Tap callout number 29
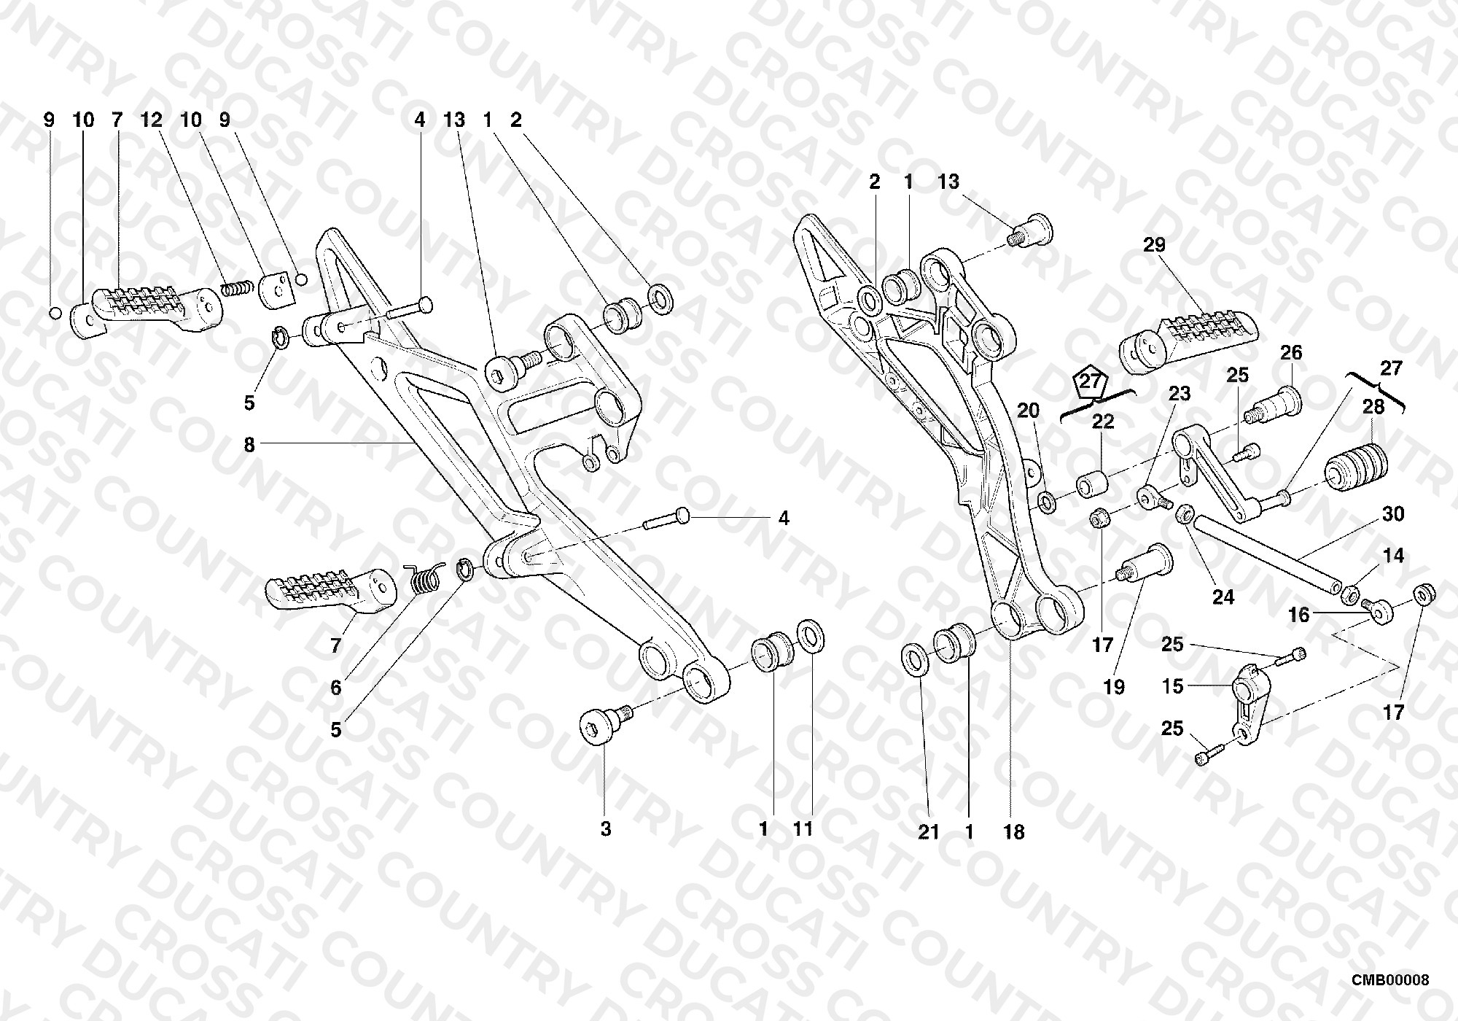(1154, 245)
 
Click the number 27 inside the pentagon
(1091, 381)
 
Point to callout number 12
(152, 120)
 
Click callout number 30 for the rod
(1393, 514)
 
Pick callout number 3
(606, 829)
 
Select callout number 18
(1014, 832)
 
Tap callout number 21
(928, 832)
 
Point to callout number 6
(336, 688)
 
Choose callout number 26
(1291, 353)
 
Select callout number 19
(1115, 686)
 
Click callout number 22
(1103, 422)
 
